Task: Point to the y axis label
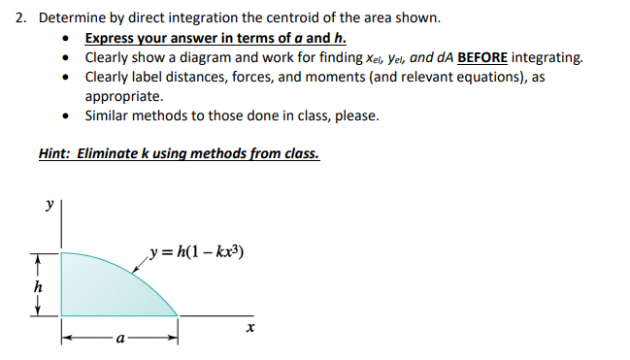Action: [x=49, y=206]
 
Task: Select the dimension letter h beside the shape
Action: [x=38, y=288]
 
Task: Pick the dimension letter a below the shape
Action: [x=119, y=341]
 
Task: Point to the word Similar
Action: [x=109, y=115]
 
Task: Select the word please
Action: [x=356, y=115]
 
